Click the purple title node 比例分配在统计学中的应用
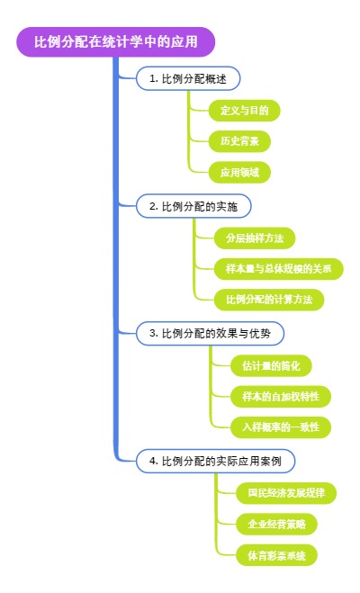click(116, 41)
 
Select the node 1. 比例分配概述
click(187, 79)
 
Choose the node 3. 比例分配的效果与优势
click(209, 334)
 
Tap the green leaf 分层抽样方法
click(254, 238)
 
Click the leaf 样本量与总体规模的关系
click(278, 268)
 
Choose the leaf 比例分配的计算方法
click(269, 299)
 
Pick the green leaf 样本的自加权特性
click(280, 396)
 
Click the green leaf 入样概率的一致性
click(280, 427)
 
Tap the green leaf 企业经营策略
click(275, 524)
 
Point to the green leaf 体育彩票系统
click(275, 555)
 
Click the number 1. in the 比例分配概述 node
click(153, 79)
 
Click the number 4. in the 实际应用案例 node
click(153, 461)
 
